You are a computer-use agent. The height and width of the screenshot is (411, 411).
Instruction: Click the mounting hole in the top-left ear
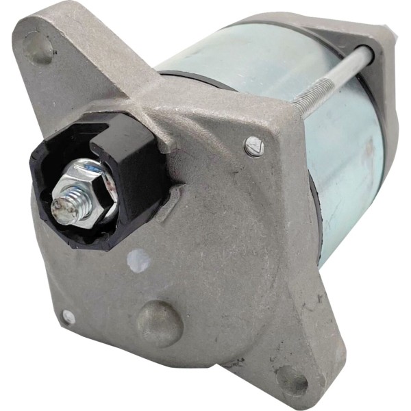(x=40, y=47)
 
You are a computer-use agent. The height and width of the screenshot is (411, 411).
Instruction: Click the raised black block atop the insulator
(x=123, y=151)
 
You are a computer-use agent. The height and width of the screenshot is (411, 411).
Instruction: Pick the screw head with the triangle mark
(x=253, y=145)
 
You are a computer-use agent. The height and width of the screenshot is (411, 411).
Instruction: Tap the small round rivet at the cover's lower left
(x=68, y=316)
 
